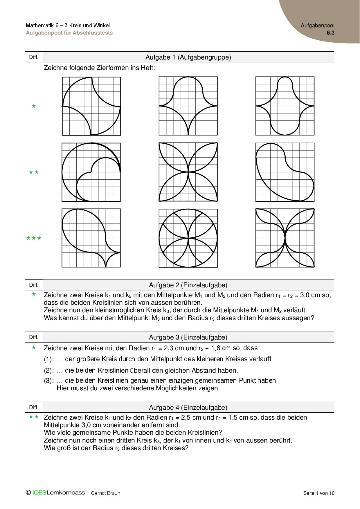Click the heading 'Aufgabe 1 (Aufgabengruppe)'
188,57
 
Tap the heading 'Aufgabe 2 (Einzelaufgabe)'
188,285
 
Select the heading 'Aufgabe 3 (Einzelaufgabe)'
188,337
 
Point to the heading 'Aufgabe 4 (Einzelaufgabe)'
188,407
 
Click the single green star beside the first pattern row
34,106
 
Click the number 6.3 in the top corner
330,33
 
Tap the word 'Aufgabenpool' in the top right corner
317,26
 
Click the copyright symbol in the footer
28,492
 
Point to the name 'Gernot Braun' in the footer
105,493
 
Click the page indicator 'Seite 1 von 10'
319,493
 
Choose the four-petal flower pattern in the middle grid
188,172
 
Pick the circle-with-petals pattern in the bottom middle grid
188,238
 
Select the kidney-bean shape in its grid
285,172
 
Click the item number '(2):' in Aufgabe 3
49,371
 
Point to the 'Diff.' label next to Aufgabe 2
34,285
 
